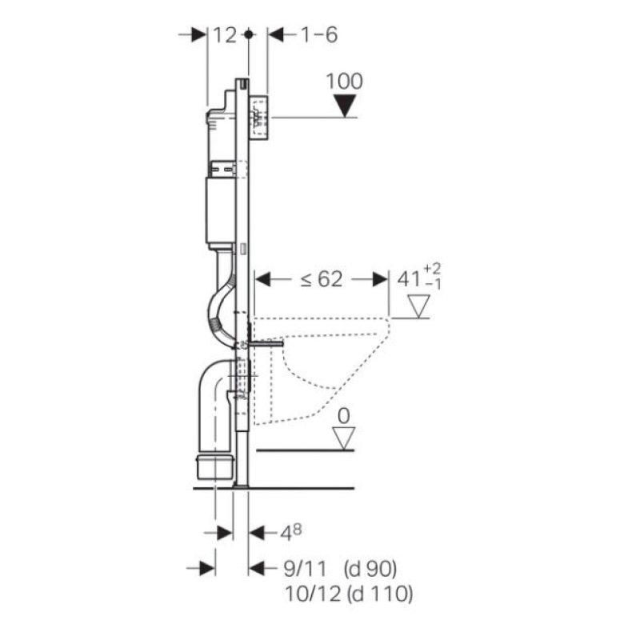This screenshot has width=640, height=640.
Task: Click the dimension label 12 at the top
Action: pyautogui.click(x=225, y=35)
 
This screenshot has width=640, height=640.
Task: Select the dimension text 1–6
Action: pyautogui.click(x=319, y=34)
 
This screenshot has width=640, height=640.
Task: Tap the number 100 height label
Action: pyautogui.click(x=344, y=82)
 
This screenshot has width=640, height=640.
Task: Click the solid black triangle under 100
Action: pyautogui.click(x=345, y=106)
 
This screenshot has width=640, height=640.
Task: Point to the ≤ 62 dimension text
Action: pyautogui.click(x=322, y=279)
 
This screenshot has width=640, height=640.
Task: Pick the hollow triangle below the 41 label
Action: pyautogui.click(x=418, y=306)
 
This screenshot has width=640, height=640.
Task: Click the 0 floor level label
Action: pyautogui.click(x=344, y=416)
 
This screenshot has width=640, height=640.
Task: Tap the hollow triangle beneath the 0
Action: pyautogui.click(x=344, y=438)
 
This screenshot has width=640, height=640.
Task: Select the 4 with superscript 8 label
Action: pyautogui.click(x=290, y=533)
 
